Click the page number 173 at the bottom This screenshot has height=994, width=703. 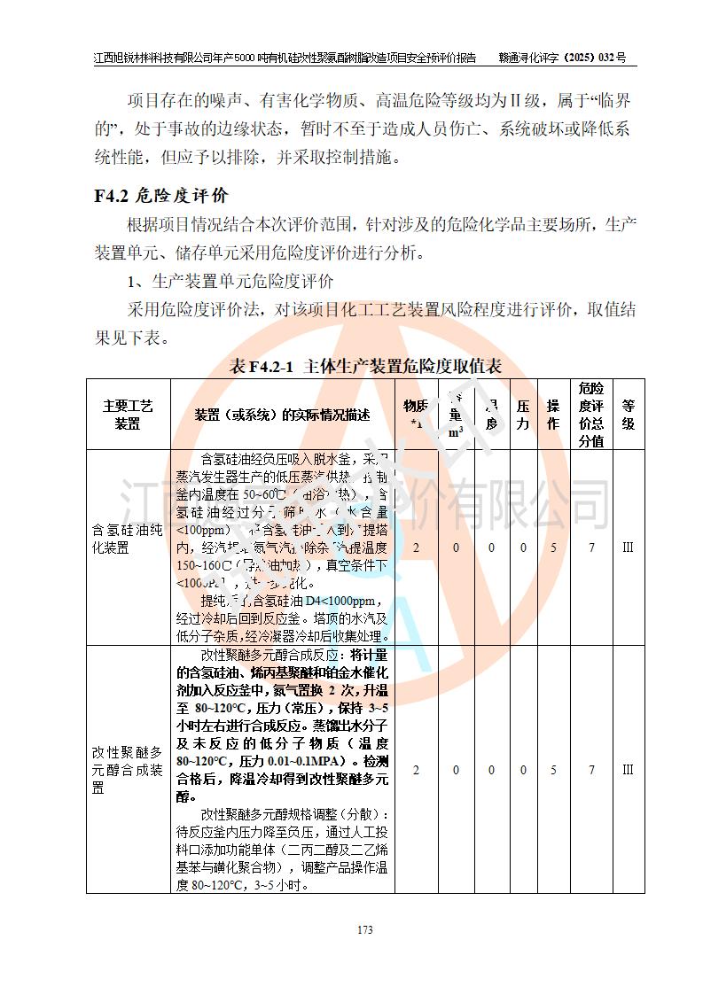coord(364,929)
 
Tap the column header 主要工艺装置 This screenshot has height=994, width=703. coord(128,414)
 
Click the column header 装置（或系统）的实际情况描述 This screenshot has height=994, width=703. coord(282,414)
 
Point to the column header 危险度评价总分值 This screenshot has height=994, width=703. coord(591,414)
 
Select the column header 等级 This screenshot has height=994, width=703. coord(628,414)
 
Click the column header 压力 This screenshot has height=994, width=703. coord(523,414)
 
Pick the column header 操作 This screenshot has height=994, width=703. coord(553,414)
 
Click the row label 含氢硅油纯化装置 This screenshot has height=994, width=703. coord(128,539)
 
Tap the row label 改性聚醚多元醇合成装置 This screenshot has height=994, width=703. coord(128,769)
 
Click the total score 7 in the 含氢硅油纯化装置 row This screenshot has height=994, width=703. coord(591,547)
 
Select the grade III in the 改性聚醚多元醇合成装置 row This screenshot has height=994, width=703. coord(628,770)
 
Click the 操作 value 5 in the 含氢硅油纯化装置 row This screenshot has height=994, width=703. coord(553,547)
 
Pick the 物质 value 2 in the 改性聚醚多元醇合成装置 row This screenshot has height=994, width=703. coord(416,770)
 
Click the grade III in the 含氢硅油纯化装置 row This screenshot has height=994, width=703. coord(628,547)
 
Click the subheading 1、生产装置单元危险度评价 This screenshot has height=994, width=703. coord(230,282)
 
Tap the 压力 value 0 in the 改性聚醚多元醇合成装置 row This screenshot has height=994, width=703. coord(523,770)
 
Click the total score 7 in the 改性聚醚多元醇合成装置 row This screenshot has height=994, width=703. coord(591,770)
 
